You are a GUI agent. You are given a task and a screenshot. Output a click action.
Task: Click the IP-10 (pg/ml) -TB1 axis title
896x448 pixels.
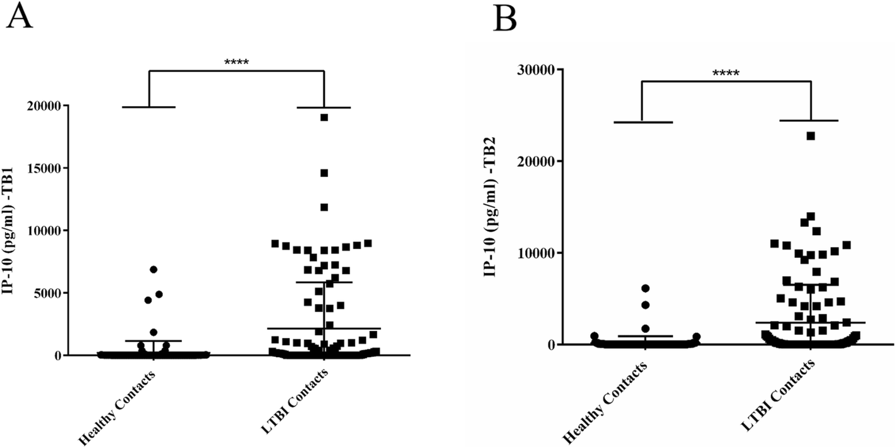click(11, 231)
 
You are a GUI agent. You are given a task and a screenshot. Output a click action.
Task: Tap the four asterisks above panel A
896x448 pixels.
click(236, 62)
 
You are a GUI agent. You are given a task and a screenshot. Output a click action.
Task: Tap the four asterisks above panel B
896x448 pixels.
click(725, 73)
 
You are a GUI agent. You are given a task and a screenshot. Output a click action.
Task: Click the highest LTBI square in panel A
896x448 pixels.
click(324, 118)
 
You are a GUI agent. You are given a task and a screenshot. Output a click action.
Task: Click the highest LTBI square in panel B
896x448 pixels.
click(811, 136)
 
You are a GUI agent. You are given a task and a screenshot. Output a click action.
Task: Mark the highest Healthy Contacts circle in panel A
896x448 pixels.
click(153, 269)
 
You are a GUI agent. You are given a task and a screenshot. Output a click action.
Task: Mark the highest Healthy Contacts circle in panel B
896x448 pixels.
click(645, 288)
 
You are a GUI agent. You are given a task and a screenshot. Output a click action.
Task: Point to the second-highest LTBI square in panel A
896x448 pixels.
click(324, 173)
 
